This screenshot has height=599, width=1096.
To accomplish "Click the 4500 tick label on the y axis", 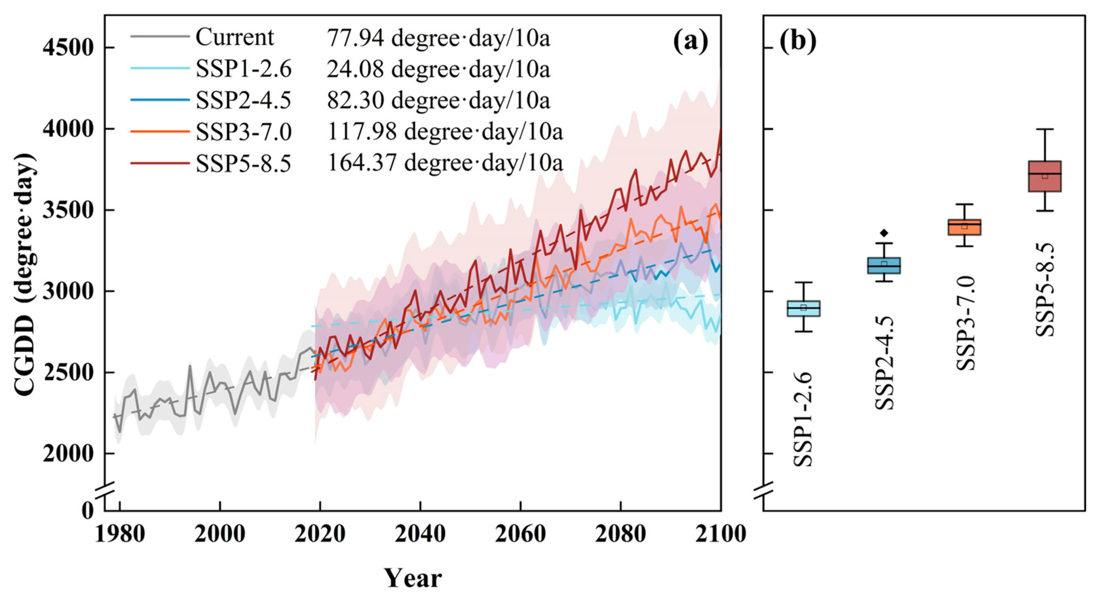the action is click(x=68, y=48).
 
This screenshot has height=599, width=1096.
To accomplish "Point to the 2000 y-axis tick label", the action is click(x=68, y=454).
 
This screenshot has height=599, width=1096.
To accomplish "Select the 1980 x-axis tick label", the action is click(x=120, y=533).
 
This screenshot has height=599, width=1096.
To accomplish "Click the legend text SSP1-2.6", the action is click(x=244, y=69).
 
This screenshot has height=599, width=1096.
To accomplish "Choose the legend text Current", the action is click(x=235, y=38).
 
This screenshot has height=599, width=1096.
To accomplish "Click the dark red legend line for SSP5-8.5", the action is click(x=160, y=163).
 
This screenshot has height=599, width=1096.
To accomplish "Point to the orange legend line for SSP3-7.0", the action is click(x=160, y=131).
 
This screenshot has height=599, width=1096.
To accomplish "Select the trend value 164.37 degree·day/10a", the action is click(x=445, y=163).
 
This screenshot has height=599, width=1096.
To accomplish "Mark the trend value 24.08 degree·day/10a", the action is click(x=439, y=69).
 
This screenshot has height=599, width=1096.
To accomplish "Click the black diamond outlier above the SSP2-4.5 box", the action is click(x=884, y=232).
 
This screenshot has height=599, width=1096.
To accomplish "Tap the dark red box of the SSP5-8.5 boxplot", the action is click(x=1045, y=176).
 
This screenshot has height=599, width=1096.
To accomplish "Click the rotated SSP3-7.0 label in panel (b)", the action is click(x=965, y=323).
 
